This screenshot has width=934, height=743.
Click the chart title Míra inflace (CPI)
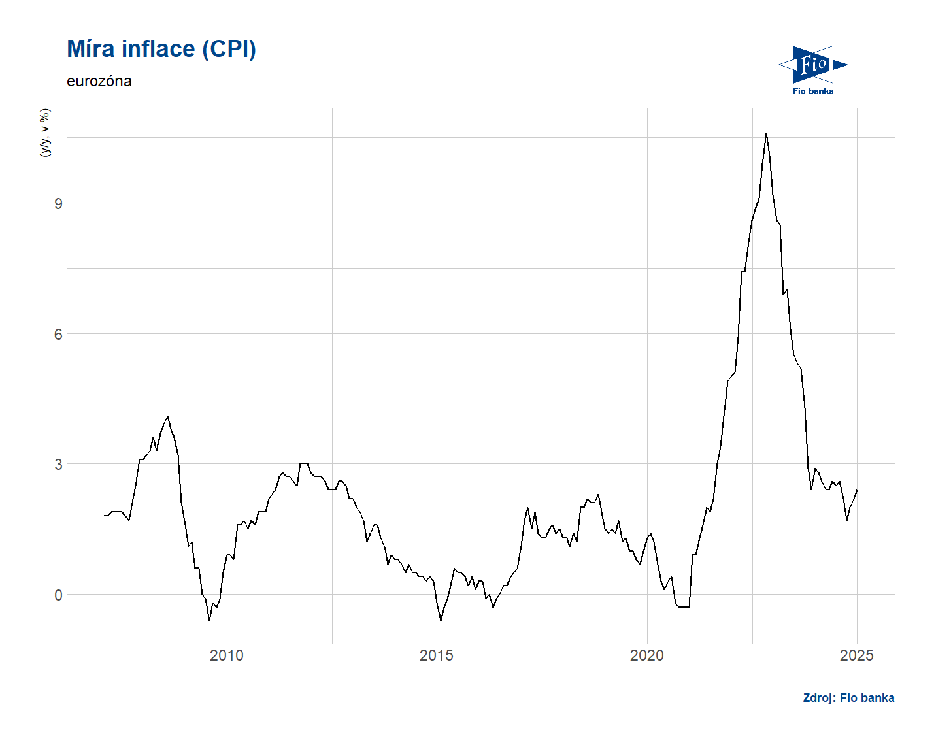[x=161, y=49]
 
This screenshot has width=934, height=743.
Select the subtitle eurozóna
[x=99, y=81]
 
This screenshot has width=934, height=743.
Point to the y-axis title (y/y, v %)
[x=45, y=133]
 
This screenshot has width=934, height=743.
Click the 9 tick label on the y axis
[x=59, y=203]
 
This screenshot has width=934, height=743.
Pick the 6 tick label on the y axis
[x=59, y=334]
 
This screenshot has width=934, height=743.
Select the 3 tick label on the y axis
[x=59, y=465]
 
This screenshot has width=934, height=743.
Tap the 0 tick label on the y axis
[x=59, y=595]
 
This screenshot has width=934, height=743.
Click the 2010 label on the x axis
[x=226, y=655]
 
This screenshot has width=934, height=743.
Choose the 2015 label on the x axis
[x=437, y=655]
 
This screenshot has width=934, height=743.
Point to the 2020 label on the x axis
[x=646, y=655]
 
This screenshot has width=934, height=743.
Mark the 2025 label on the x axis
[x=856, y=655]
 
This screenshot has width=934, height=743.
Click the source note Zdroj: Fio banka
[x=848, y=698]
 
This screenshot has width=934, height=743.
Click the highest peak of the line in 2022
[x=766, y=133]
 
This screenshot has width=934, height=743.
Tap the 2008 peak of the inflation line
[x=168, y=416]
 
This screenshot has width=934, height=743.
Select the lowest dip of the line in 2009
[x=209, y=619]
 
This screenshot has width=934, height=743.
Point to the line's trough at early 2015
[x=441, y=620]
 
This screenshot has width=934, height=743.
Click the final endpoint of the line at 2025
[x=857, y=490]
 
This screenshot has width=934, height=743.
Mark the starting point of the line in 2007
[x=105, y=516]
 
